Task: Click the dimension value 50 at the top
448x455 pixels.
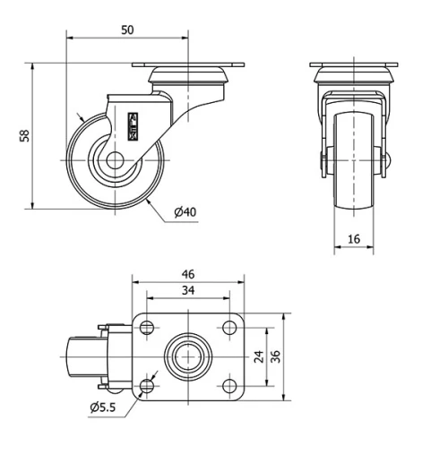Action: [x=127, y=30]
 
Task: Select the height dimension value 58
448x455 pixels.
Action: [x=25, y=135]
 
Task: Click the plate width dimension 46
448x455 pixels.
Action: [x=188, y=273]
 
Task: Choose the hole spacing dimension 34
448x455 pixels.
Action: [x=188, y=290]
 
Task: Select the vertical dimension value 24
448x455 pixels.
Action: [x=259, y=356]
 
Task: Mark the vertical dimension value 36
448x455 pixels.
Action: [x=277, y=356]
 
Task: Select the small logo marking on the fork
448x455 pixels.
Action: [x=134, y=125]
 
